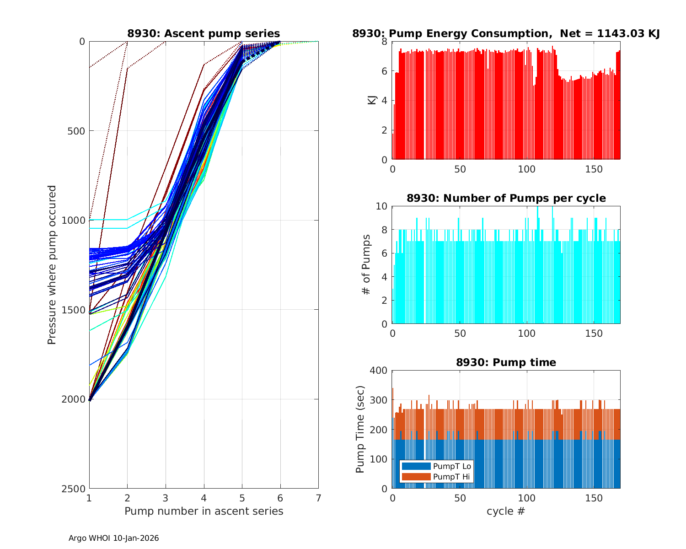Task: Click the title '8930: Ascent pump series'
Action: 204,33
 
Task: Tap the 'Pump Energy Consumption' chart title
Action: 506,33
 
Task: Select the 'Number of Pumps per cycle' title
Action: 506,198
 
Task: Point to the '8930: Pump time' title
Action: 506,362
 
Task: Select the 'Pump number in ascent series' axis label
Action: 204,511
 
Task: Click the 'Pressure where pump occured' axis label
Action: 52,265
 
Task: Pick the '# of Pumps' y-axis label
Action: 366,265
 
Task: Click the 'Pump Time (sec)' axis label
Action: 360,430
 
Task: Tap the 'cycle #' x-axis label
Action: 506,511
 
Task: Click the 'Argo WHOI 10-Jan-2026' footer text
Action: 114,538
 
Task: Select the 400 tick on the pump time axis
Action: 379,371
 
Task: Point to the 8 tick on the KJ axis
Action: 384,42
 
